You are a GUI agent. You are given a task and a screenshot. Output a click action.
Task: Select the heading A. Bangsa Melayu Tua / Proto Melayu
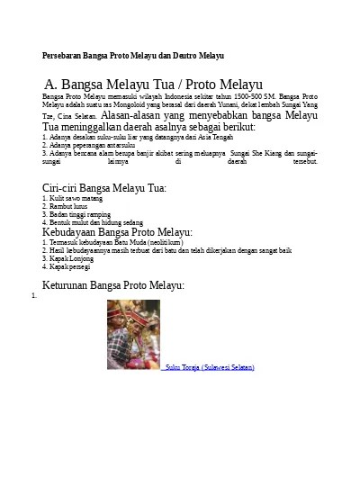pyautogui.click(x=153, y=83)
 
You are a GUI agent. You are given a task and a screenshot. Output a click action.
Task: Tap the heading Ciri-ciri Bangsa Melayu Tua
pyautogui.click(x=104, y=188)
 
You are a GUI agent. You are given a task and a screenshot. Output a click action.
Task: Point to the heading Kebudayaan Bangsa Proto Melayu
pyautogui.click(x=117, y=231)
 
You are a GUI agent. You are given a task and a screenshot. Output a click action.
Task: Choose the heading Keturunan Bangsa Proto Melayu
pyautogui.click(x=113, y=284)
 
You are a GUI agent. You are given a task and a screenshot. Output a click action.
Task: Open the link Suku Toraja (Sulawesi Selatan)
pyautogui.click(x=208, y=367)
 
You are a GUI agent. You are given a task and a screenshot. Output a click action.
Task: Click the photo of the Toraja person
pyautogui.click(x=133, y=334)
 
